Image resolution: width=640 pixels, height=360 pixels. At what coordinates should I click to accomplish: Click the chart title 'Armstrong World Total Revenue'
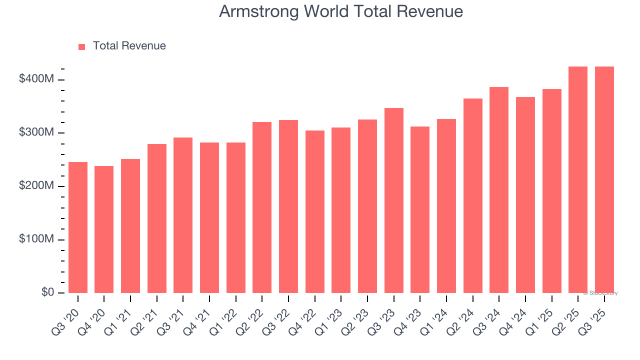coord(341,11)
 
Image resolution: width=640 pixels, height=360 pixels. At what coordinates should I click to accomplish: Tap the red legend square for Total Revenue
coord(82,46)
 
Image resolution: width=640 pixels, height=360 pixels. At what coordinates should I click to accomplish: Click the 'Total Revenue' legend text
coord(129,46)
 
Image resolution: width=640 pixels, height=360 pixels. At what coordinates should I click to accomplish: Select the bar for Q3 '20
coord(78,227)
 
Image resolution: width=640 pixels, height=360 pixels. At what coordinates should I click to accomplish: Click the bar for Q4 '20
coord(104,229)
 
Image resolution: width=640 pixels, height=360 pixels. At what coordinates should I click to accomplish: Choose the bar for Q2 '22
coord(262,207)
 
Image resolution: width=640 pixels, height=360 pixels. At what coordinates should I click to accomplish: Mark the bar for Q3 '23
coord(394,200)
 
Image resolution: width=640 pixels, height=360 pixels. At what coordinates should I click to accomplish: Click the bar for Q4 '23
coord(420,210)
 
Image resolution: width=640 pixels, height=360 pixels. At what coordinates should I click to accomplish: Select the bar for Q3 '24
coord(499,190)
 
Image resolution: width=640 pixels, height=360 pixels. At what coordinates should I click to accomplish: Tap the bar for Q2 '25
coord(578,180)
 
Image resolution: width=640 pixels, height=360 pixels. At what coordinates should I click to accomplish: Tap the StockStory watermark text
coord(600,293)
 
